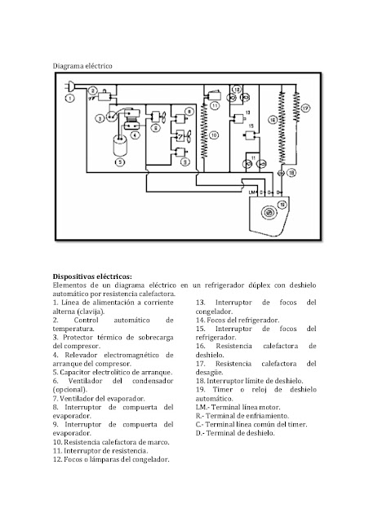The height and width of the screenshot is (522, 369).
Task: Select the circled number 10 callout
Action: (x=215, y=135)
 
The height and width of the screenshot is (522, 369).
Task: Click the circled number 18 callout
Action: (x=291, y=172)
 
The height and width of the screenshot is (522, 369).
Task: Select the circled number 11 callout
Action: (x=215, y=104)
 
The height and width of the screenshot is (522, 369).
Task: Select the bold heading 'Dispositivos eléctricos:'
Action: (x=91, y=276)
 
